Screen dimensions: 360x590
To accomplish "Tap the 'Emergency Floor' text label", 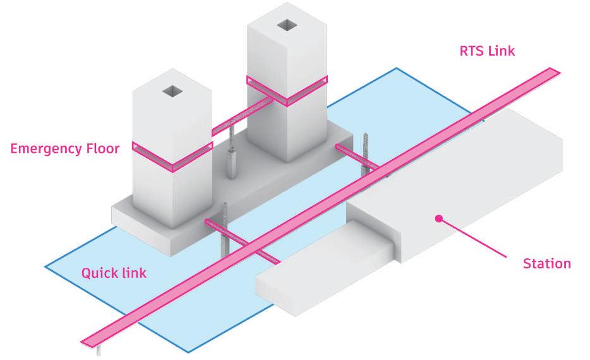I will click(x=65, y=150).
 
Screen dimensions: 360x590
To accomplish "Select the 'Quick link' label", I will click(x=114, y=273).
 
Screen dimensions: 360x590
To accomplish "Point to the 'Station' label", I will click(x=546, y=263).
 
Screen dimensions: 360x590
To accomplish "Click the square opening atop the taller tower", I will click(x=287, y=25).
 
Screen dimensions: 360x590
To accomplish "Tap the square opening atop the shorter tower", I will click(x=172, y=92).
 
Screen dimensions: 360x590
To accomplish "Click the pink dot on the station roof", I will click(x=438, y=219).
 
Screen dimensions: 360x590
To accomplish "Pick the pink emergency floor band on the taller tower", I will click(x=287, y=90).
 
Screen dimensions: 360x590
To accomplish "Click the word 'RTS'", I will click(x=471, y=51).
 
